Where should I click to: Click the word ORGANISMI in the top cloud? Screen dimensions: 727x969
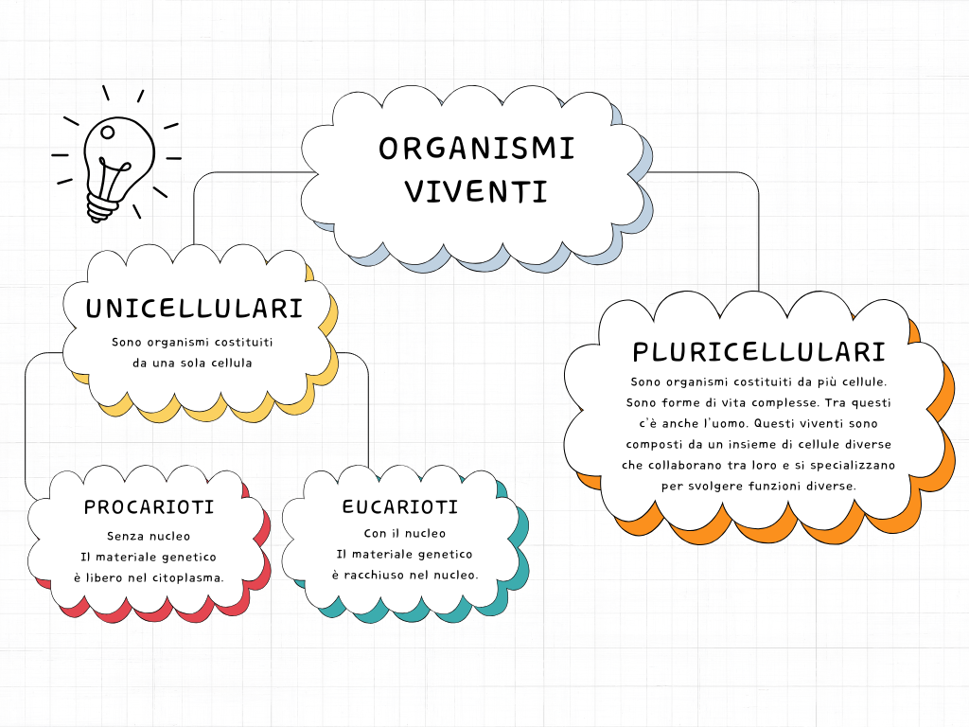pos(476,149)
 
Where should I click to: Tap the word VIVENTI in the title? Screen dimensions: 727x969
pos(476,191)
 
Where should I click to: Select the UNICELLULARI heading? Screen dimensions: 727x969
pos(194,309)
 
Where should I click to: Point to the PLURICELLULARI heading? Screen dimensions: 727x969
pos(759,352)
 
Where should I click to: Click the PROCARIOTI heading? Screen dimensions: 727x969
pos(149,507)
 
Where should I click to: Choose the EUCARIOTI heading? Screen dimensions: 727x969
pos(399,507)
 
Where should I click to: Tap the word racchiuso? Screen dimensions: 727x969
pos(384,575)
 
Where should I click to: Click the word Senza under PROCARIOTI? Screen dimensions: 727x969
pos(127,536)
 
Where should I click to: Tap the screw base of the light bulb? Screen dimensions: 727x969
pos(100,207)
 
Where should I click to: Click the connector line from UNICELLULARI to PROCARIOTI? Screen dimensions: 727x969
pos(26,426)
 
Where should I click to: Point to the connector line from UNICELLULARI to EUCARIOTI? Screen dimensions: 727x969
pos(367,417)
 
